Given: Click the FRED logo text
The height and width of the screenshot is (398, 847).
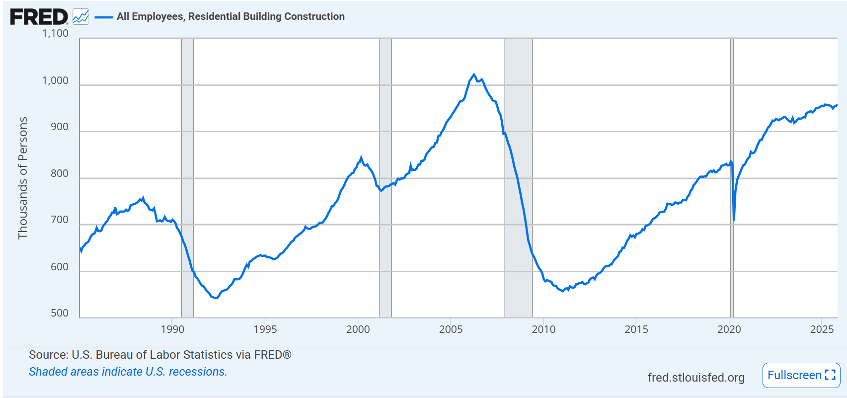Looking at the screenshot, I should coord(39,17).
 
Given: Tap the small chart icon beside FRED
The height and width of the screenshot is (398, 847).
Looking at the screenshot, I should coord(80,17).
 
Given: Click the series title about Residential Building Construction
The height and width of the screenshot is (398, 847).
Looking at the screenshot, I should coord(231,16).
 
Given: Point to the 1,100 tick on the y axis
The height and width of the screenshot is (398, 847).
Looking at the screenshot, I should coord(55,33).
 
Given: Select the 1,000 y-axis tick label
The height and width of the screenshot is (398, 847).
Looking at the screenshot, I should coord(55,80).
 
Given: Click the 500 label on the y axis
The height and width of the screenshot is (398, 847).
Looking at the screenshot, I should coord(60,313).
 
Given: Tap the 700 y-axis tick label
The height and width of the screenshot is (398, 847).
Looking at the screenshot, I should coord(60,220).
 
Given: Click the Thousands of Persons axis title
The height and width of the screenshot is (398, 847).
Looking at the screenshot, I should coord(23,178).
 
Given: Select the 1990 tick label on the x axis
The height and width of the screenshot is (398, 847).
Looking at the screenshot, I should coord(172,329).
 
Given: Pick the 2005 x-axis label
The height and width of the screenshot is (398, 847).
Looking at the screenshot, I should coord(451,329).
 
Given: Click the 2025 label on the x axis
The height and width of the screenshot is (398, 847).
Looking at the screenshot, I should coord(822,329).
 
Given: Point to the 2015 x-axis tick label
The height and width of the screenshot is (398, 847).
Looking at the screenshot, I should coord(636,329).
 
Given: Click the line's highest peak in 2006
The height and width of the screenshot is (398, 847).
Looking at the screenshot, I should coord(474,75).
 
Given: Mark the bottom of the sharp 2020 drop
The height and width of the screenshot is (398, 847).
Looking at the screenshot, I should coord(734,220).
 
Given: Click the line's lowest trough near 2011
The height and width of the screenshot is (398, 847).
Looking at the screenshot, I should coord(563,291).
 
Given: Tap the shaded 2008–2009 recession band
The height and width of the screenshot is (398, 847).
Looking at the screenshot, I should coord(519,199).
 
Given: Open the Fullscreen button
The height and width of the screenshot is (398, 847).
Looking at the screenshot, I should coord(801,375).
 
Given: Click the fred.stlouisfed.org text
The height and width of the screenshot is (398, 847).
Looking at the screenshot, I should coord(696,378).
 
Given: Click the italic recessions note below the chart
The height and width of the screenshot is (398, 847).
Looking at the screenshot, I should coord(128,372).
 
